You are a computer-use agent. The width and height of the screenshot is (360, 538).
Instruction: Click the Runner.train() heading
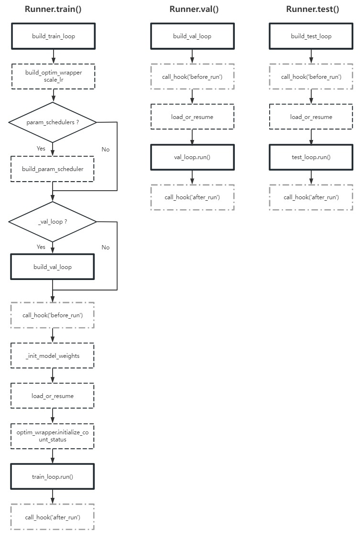[53, 9]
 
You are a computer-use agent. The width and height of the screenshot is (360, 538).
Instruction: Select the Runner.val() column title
[194, 9]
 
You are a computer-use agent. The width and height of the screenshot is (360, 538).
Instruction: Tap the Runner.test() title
[313, 9]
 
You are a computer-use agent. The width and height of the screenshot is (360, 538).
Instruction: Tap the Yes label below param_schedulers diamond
[41, 149]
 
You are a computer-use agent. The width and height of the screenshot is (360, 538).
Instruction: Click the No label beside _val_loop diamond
[105, 247]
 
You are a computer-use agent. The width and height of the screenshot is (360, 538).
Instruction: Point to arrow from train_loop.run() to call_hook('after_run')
[53, 496]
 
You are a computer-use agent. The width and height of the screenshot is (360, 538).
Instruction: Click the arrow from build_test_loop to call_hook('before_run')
[311, 56]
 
